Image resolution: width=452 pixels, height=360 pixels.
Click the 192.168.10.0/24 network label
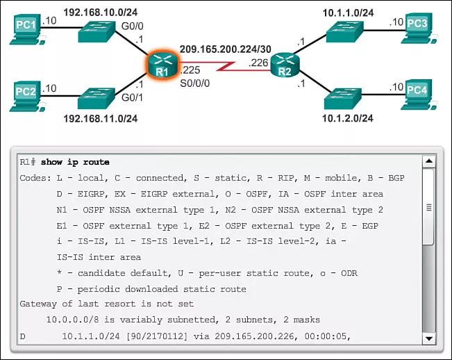(101, 13)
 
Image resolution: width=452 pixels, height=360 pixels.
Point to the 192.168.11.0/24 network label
(101, 118)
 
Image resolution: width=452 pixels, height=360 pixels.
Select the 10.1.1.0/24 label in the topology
(347, 13)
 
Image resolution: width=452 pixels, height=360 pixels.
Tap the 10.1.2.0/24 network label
(347, 118)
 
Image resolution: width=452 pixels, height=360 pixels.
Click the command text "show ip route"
(75, 162)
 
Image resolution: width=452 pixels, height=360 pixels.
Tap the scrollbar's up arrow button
(428, 162)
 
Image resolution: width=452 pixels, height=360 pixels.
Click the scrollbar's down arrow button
(428, 338)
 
